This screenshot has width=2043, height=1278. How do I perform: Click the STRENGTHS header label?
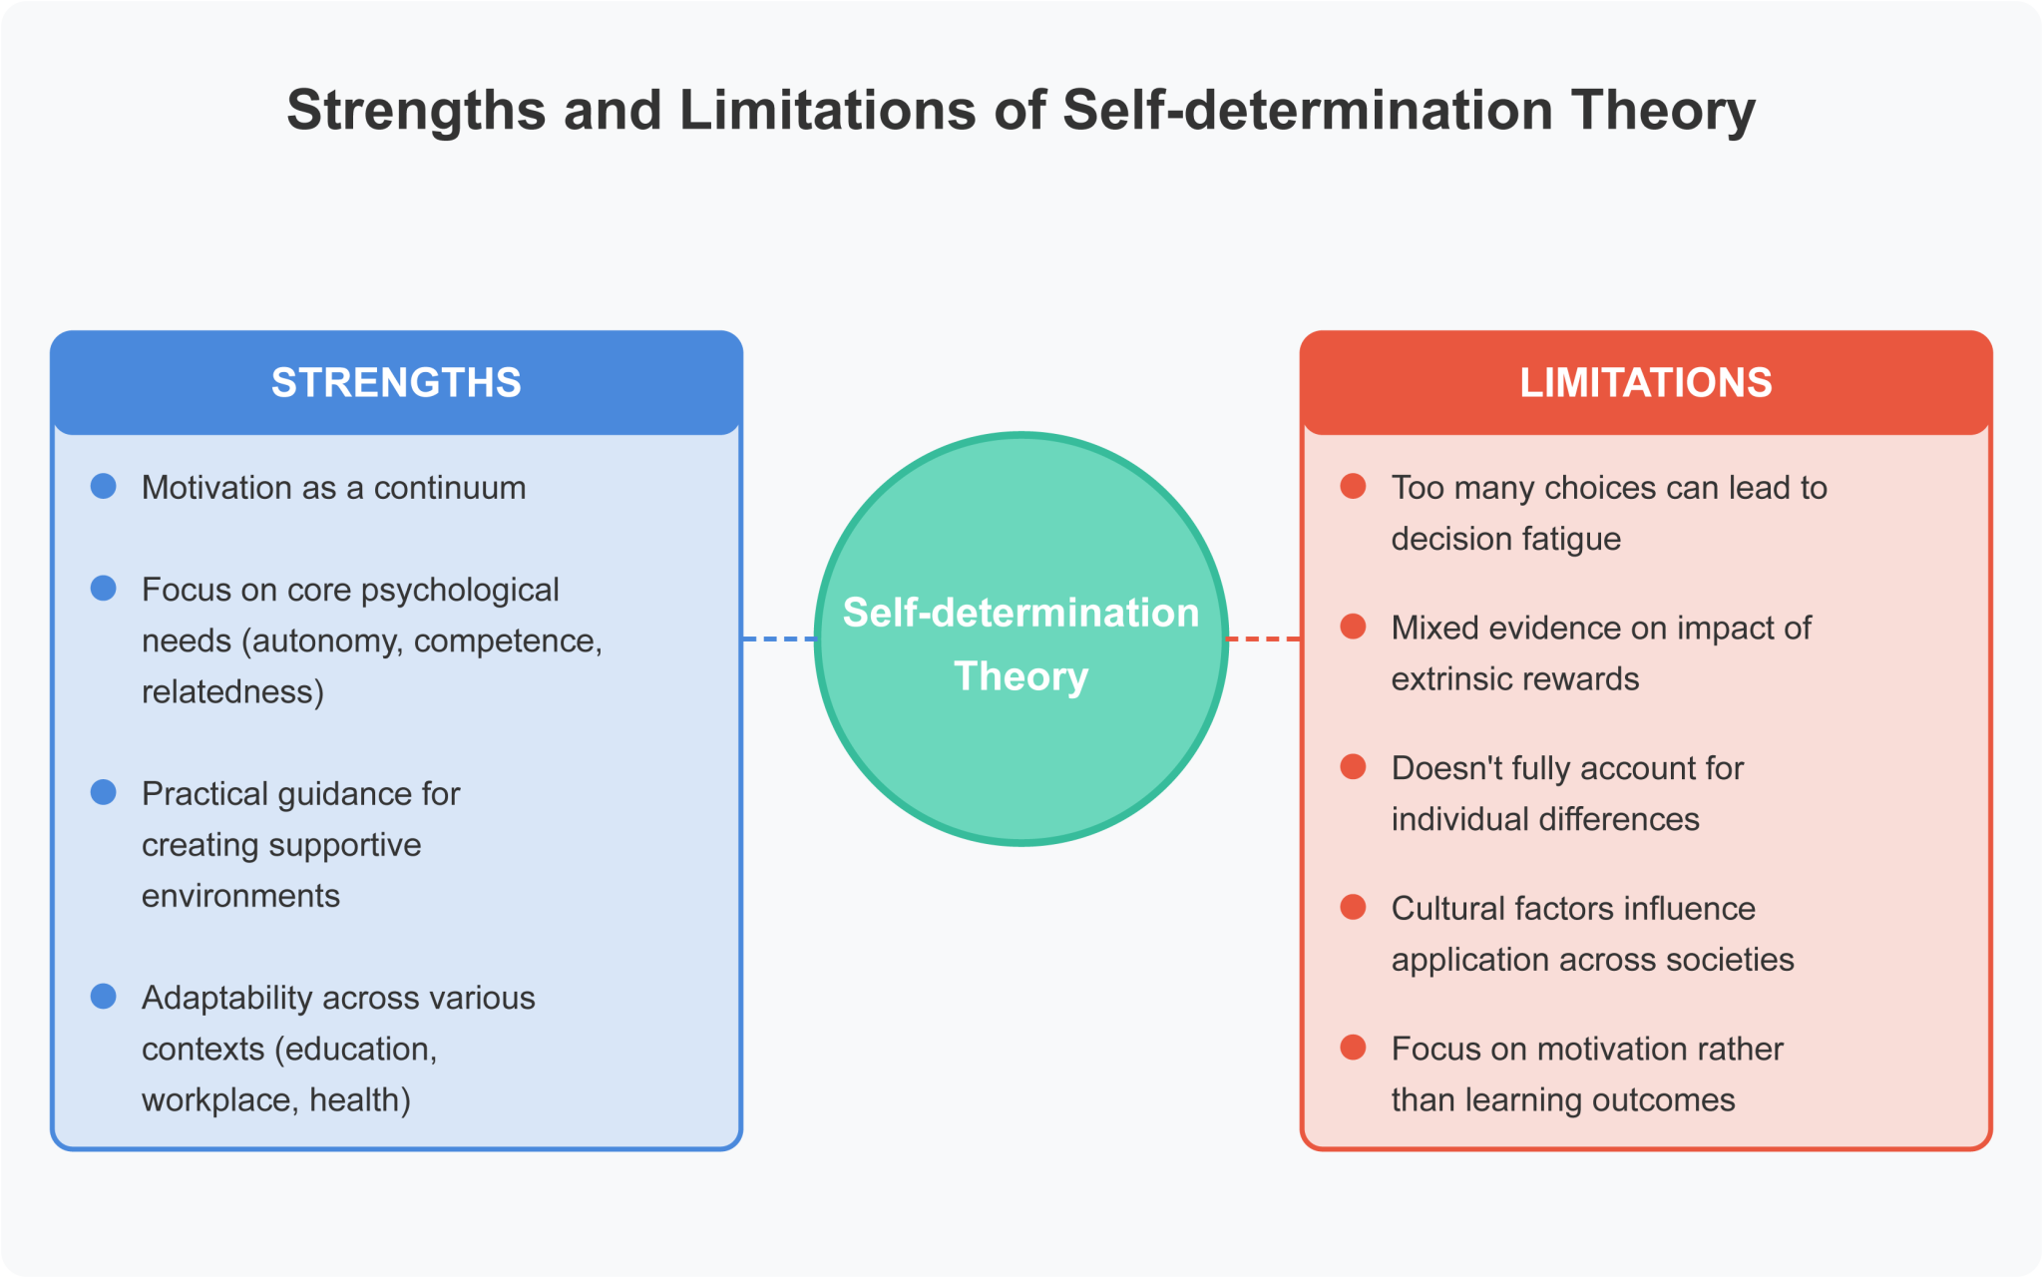click(x=396, y=383)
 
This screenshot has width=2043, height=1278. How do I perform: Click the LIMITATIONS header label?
click(x=1645, y=383)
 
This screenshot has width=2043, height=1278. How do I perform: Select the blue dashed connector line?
click(x=778, y=639)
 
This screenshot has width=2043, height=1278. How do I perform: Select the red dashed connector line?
click(x=1263, y=639)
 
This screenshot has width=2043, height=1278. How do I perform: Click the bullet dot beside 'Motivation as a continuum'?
click(x=104, y=487)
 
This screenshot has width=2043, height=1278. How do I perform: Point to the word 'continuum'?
click(x=450, y=488)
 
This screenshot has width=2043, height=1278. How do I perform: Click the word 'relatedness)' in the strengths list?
click(x=232, y=691)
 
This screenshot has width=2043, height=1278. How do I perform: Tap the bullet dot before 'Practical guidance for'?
click(x=104, y=793)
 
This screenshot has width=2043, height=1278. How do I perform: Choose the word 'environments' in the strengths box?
click(x=240, y=896)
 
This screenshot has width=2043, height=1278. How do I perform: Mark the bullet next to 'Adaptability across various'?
click(x=104, y=997)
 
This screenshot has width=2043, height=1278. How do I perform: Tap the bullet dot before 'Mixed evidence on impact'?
click(x=1353, y=627)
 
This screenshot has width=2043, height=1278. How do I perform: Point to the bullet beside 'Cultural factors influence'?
click(x=1353, y=907)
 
